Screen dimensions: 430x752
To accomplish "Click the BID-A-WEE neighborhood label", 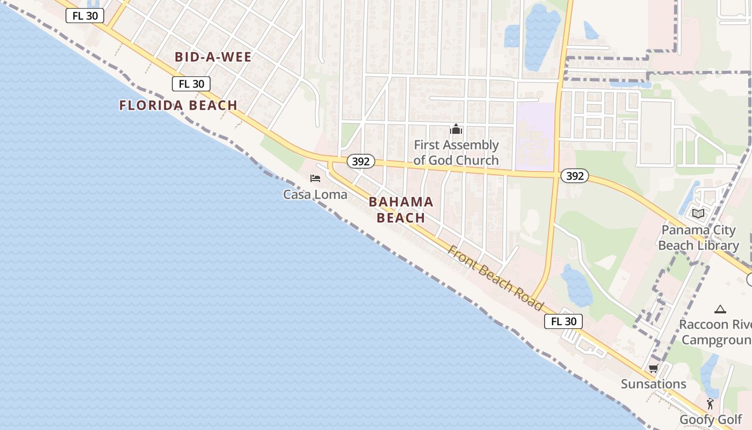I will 213,57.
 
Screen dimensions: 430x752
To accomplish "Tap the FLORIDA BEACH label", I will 178,105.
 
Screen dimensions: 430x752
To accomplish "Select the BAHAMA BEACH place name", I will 401,210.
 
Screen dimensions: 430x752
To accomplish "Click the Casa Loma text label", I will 315,195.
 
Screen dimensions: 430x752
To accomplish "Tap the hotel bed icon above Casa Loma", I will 315,178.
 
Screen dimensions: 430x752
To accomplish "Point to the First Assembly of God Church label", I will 456,153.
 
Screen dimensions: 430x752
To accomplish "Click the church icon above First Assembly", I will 456,129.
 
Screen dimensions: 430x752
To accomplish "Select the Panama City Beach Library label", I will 698,238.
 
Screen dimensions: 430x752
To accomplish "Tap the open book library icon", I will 698,213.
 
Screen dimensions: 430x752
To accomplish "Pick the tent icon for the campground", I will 720,309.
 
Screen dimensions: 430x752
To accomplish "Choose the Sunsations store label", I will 653,384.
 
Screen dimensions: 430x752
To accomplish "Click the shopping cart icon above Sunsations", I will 653,369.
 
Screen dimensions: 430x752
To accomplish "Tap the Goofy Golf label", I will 711,420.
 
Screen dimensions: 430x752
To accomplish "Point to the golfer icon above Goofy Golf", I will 711,404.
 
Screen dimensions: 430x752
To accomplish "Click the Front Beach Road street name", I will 495,277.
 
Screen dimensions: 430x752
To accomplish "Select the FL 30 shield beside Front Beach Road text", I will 563,321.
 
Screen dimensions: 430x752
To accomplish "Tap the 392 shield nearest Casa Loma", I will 360,161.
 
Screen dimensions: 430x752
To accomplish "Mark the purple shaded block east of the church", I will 534,137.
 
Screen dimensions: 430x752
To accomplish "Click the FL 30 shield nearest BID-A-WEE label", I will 191,84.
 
